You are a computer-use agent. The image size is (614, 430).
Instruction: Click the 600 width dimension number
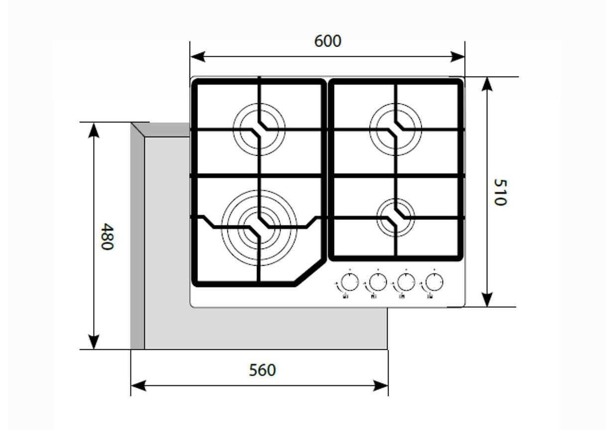(328, 41)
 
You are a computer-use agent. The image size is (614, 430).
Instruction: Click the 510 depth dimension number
(500, 192)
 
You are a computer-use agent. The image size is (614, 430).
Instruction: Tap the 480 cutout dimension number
(107, 236)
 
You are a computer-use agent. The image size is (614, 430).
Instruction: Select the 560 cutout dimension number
(262, 370)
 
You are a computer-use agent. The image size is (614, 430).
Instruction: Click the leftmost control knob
(350, 282)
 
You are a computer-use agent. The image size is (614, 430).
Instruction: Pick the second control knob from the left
(378, 282)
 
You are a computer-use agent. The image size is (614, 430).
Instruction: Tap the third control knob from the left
(406, 282)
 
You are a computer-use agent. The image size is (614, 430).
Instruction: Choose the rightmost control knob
(434, 282)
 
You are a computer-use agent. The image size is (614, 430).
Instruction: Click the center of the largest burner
(259, 228)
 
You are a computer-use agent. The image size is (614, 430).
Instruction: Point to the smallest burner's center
(395, 218)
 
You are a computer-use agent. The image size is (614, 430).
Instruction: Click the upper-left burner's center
(259, 129)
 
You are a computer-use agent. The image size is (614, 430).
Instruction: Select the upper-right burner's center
(395, 129)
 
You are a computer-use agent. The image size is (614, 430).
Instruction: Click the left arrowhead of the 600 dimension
(197, 57)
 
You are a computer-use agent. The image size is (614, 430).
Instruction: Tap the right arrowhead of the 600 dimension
(458, 57)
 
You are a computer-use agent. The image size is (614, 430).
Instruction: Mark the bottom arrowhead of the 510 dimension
(487, 300)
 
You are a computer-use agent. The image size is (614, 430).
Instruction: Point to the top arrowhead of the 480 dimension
(94, 130)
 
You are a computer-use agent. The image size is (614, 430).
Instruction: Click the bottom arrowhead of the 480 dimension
(94, 342)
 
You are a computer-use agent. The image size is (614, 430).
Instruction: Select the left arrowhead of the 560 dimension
(139, 386)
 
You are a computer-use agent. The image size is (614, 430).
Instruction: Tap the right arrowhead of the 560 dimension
(381, 386)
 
